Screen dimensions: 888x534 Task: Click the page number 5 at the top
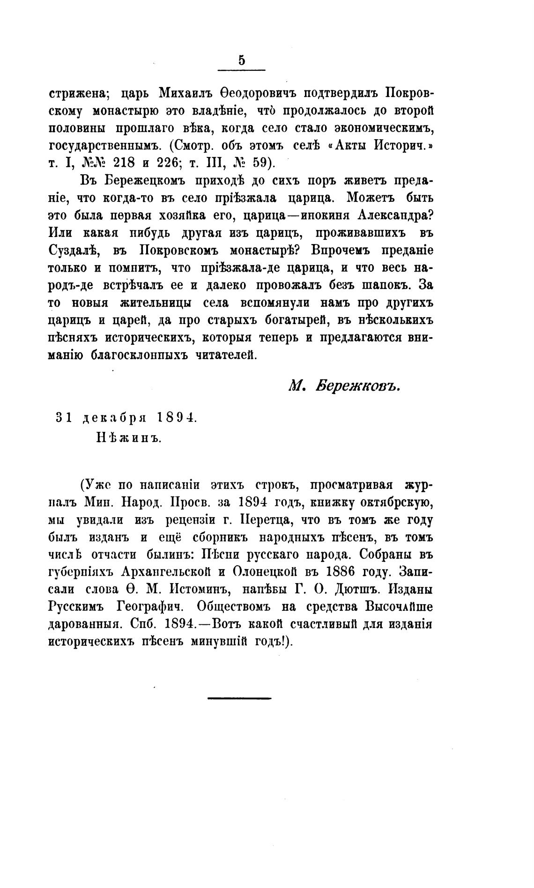click(x=242, y=60)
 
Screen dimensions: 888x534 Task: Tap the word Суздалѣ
click(x=73, y=250)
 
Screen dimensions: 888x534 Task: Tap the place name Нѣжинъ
click(x=129, y=438)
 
